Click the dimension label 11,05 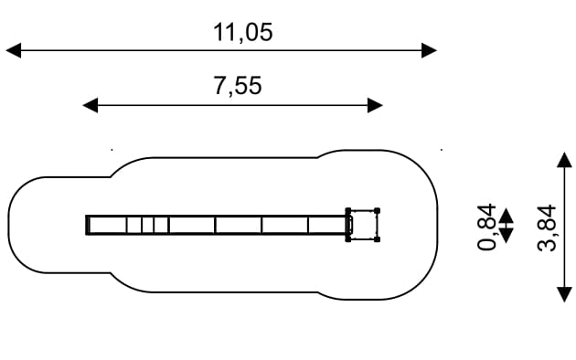pyautogui.click(x=243, y=32)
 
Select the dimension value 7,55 pyautogui.click(x=238, y=86)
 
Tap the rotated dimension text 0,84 pyautogui.click(x=487, y=227)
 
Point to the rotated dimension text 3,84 pyautogui.click(x=547, y=228)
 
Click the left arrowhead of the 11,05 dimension pyautogui.click(x=14, y=50)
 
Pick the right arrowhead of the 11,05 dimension pyautogui.click(x=429, y=50)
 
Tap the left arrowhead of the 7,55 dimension pyautogui.click(x=91, y=105)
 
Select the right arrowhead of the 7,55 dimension pyautogui.click(x=375, y=105)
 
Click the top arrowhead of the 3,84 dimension pyautogui.click(x=565, y=160)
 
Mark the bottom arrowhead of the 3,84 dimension pyautogui.click(x=565, y=295)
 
